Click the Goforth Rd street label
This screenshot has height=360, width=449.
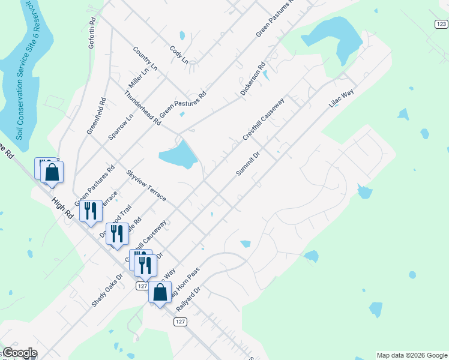tap(92, 29)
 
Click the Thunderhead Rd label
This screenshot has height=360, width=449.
tap(142, 109)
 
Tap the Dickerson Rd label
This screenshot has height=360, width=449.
tap(252, 81)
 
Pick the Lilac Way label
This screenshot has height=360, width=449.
tap(342, 99)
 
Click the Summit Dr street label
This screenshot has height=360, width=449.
tap(247, 163)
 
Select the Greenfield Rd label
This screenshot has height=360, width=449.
tap(96, 116)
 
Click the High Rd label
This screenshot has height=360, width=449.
tap(61, 211)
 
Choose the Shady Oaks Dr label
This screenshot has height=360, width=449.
tap(107, 290)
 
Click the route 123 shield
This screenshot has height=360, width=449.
tap(441, 23)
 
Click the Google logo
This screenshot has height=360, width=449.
tap(19, 353)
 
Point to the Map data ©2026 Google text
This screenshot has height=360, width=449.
tap(412, 355)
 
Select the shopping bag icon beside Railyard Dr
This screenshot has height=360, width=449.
tap(160, 293)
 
